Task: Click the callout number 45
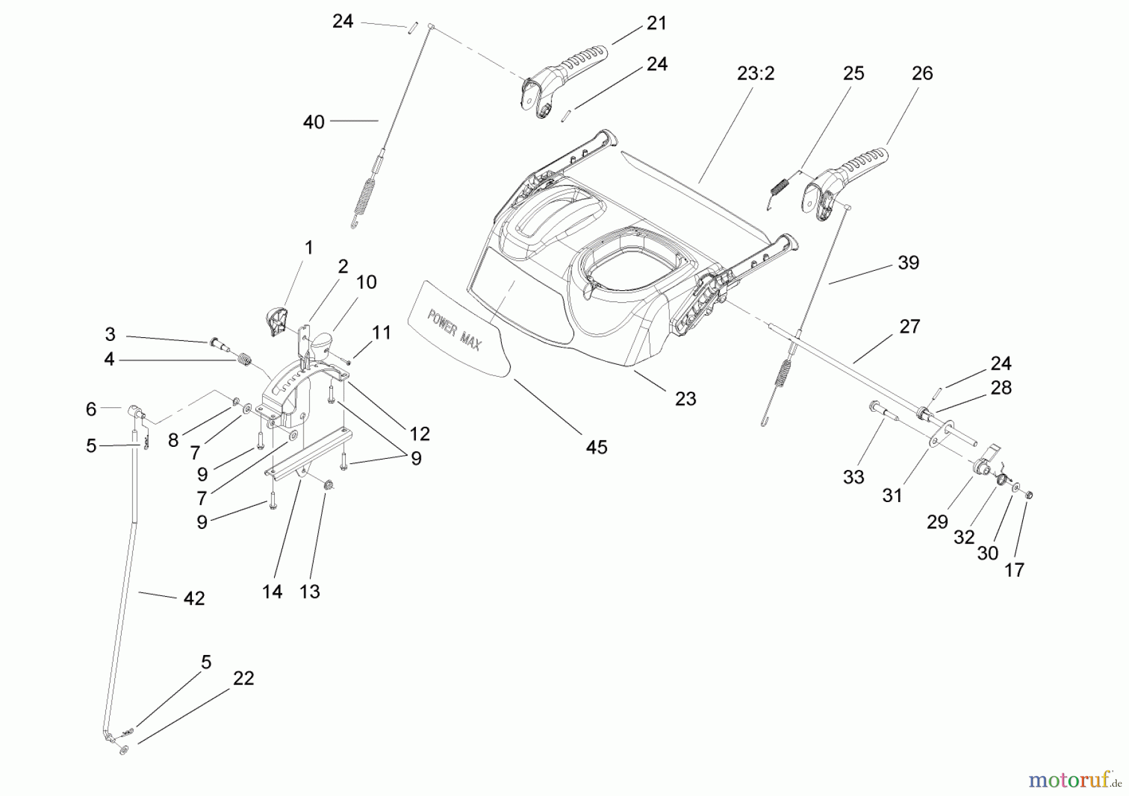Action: point(596,447)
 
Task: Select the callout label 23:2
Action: point(755,74)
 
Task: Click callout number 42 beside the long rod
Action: point(194,599)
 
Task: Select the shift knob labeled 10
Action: point(321,344)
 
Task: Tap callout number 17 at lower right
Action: point(1014,570)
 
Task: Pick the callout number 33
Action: point(853,478)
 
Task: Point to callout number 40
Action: point(314,122)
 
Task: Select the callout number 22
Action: point(243,678)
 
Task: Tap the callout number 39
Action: point(908,263)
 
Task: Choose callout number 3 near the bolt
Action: point(110,333)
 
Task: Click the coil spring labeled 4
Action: point(245,362)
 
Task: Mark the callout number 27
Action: point(909,327)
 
